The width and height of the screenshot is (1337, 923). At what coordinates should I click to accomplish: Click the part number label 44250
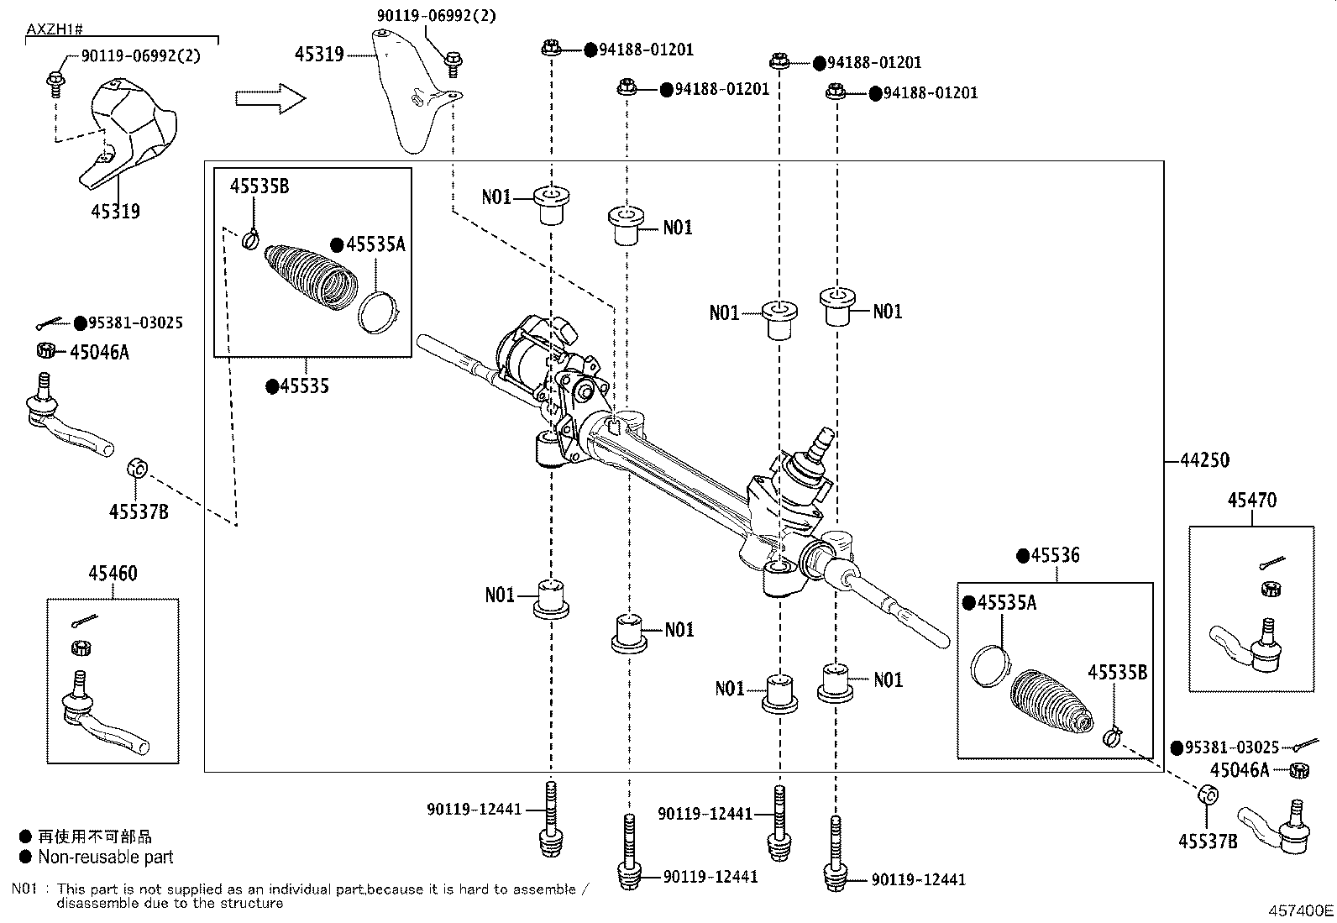point(1204,460)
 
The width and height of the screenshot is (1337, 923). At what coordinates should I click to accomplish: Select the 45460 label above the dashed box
point(113,574)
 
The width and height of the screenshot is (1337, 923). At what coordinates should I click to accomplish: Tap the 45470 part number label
point(1251,501)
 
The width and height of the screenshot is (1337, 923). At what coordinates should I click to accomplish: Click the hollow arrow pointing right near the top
point(270,98)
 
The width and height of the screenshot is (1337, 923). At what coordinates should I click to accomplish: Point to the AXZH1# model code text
point(54,29)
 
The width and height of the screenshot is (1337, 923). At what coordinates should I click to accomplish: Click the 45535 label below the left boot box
point(304,386)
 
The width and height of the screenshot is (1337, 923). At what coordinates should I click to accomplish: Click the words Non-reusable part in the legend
point(105,857)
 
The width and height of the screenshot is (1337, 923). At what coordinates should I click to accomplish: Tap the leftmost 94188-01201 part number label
point(646,50)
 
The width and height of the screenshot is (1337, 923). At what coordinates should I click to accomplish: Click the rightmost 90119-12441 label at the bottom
point(918,880)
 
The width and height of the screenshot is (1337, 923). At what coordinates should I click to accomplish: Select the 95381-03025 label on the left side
point(135,323)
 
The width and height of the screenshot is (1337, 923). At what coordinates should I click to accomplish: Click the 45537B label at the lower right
point(1208,841)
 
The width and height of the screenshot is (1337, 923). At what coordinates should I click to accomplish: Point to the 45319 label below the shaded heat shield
point(115,212)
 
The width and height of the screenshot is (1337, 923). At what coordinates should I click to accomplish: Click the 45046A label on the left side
point(99,352)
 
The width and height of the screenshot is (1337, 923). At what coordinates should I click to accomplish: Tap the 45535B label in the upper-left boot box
point(260,186)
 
